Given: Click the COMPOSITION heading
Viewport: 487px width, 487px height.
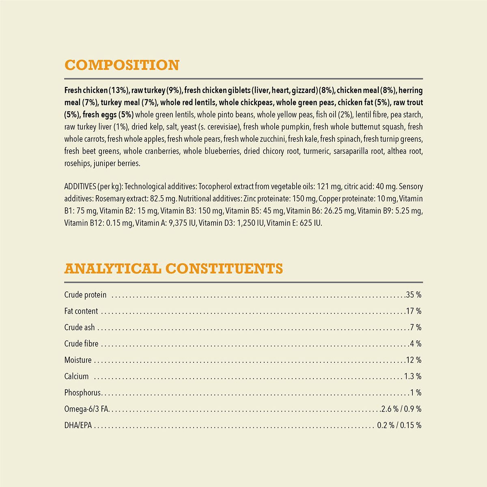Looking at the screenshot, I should click(x=122, y=65).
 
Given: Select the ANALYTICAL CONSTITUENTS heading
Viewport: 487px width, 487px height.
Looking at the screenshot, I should click(x=174, y=269).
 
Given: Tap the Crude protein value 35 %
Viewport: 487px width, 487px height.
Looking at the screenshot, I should click(x=414, y=295).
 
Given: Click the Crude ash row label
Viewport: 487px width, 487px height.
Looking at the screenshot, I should click(x=80, y=328).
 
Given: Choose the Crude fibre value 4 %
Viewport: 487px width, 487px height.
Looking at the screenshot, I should click(x=416, y=344).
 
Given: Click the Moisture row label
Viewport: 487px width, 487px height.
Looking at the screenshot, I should click(x=78, y=360).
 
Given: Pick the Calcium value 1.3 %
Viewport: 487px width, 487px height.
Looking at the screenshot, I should click(x=413, y=376).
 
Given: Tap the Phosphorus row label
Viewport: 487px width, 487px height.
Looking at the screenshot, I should click(x=82, y=393).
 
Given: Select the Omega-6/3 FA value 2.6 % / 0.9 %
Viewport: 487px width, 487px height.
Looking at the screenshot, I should click(x=401, y=409).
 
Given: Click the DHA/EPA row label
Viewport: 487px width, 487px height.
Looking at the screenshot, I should click(x=78, y=425).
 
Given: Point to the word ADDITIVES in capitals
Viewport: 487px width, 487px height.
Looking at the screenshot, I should click(x=80, y=187).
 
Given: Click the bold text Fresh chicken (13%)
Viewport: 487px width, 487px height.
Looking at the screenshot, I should click(x=97, y=91).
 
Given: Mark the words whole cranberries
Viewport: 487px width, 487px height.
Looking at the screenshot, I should click(x=151, y=151).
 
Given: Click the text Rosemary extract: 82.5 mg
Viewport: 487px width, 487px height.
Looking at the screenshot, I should click(x=136, y=199).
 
